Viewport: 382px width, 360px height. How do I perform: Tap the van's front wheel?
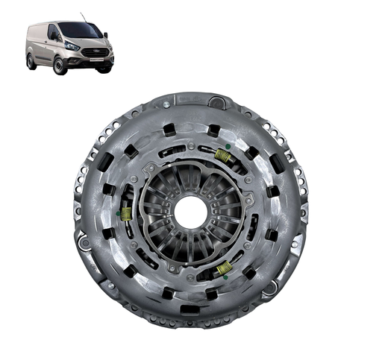59,66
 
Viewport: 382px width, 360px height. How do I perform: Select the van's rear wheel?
31,62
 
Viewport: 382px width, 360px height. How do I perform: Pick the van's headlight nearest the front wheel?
72,46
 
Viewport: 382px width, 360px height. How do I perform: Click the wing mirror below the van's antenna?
107,35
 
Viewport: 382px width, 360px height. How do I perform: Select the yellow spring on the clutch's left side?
127,214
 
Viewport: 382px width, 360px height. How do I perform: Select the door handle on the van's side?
46,45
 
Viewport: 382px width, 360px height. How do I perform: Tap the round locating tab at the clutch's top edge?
218,101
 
